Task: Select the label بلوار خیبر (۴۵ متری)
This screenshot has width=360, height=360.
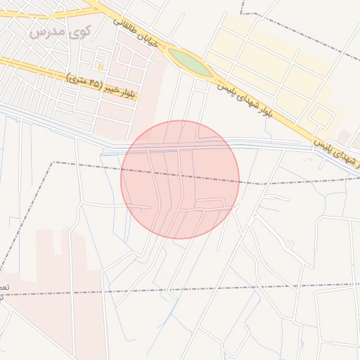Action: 101,85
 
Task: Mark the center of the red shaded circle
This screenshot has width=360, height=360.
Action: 180,179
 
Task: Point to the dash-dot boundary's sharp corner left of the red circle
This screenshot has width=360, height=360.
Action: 53,162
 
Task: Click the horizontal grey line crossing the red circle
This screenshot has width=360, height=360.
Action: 180,147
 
